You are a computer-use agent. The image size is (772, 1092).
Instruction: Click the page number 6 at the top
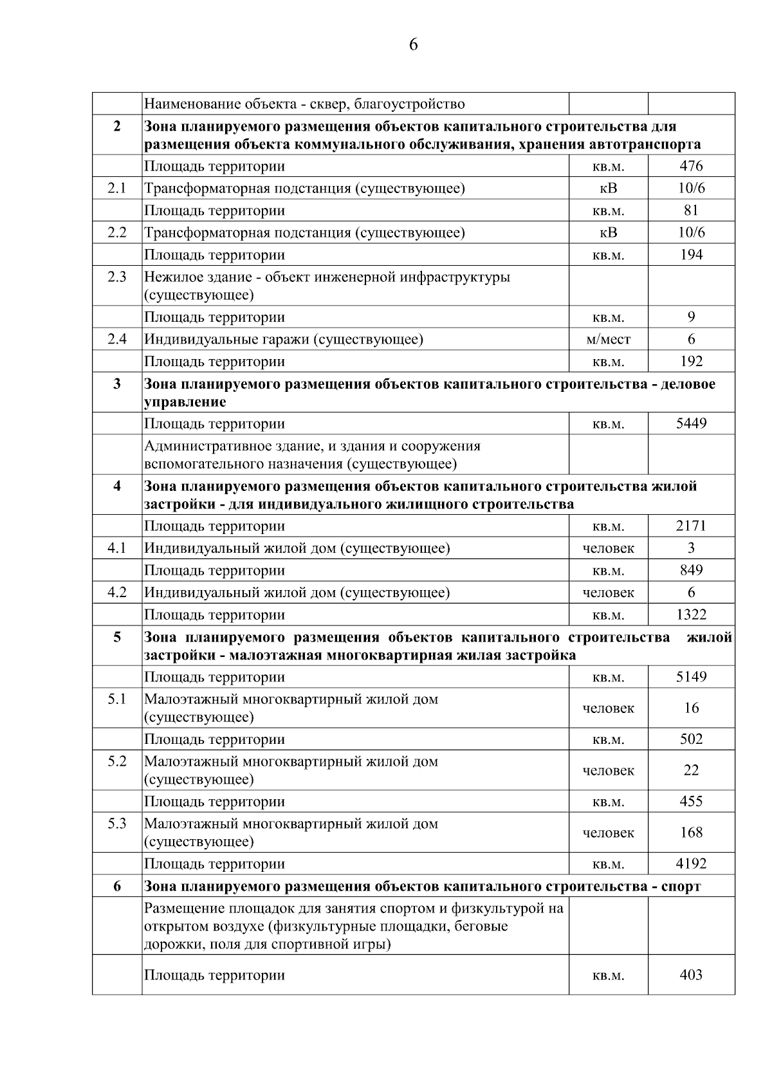413,44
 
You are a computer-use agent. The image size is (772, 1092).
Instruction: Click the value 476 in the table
691,166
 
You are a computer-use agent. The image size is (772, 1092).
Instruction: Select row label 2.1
117,189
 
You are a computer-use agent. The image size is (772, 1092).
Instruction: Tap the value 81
691,210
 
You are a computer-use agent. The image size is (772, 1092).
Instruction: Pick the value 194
691,255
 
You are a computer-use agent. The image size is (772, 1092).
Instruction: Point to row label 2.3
117,277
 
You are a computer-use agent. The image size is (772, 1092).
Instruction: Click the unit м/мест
608,339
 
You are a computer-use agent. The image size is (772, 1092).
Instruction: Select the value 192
691,362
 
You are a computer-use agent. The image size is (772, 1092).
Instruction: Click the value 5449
691,424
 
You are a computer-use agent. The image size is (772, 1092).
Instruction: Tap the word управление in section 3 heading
185,402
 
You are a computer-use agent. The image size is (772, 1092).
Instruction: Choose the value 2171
691,526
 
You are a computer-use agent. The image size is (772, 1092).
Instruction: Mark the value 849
691,570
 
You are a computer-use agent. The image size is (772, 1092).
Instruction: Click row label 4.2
117,593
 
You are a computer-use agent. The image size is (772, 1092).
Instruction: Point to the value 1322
691,615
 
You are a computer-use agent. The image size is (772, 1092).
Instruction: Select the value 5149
691,677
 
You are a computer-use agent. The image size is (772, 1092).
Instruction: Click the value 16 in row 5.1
691,708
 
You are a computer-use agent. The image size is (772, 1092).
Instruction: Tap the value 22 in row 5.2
691,770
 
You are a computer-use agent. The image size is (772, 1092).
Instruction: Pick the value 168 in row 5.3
691,833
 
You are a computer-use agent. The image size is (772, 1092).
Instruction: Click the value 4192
691,864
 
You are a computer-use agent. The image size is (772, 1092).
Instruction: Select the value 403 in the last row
691,975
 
